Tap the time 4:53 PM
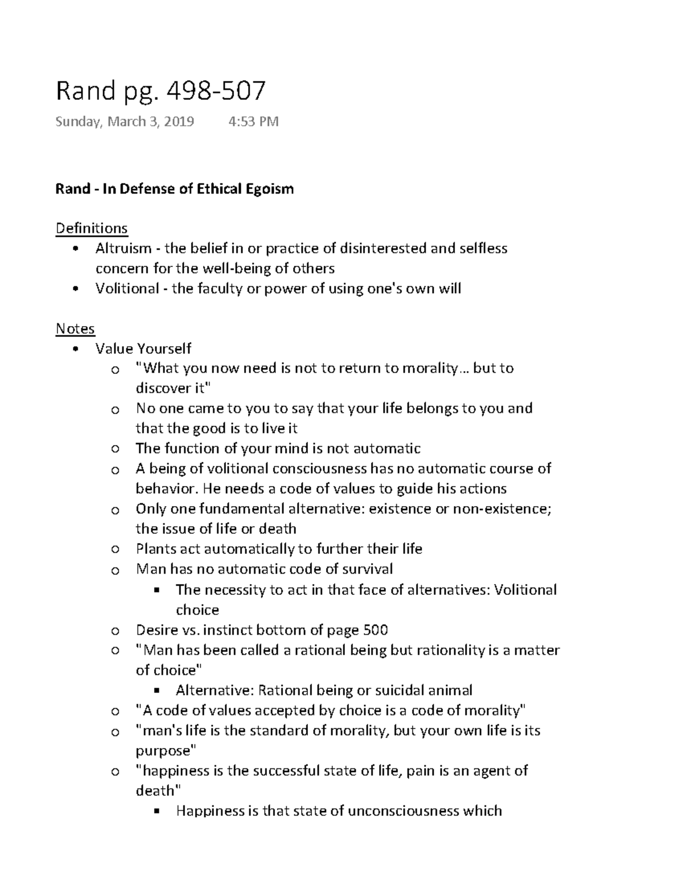pyautogui.click(x=253, y=121)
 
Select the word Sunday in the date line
pyautogui.click(x=76, y=122)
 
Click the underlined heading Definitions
pyautogui.click(x=92, y=228)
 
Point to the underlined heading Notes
pyautogui.click(x=75, y=328)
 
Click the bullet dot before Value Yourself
pyautogui.click(x=75, y=349)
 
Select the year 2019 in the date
pyautogui.click(x=179, y=121)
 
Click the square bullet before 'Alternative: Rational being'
pyautogui.click(x=157, y=691)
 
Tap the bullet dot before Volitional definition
pyautogui.click(x=75, y=289)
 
